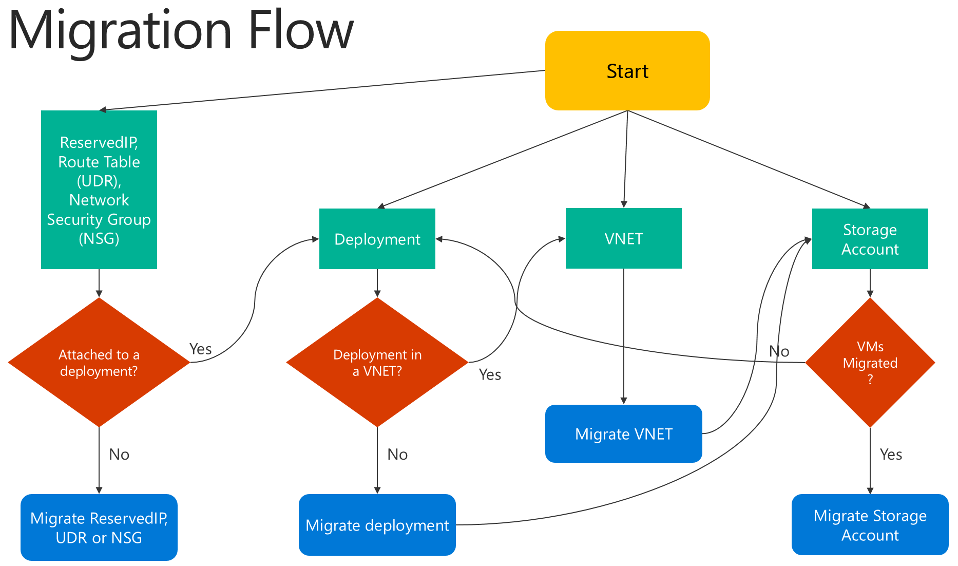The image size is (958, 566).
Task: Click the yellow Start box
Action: coord(627,71)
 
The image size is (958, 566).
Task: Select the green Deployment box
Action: coord(377,239)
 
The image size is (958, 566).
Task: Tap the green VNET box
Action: coord(623,238)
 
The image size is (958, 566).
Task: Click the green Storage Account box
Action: coord(870,239)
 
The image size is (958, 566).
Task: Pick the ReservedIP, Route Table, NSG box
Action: coord(99,190)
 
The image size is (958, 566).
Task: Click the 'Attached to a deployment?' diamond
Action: coord(99,363)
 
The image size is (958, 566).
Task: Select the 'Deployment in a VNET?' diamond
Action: coord(377,363)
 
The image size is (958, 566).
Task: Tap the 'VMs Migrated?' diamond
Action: coord(870,363)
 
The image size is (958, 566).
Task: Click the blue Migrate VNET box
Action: coord(623,434)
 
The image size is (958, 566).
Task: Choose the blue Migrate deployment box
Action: coord(377,525)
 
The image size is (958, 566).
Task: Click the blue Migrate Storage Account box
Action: coord(870,525)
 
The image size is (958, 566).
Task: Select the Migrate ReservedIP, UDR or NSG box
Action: coord(99,527)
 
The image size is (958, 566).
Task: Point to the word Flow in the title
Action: coord(301,31)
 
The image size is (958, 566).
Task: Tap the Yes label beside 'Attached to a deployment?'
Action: coord(200,349)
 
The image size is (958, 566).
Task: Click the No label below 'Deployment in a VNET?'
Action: coord(397,455)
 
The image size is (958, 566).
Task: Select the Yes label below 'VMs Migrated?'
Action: coord(891,455)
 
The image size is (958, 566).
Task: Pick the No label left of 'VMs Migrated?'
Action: coord(779,351)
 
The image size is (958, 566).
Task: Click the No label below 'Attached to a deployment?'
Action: coord(119,455)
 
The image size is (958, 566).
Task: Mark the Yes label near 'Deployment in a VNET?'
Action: coord(490,375)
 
